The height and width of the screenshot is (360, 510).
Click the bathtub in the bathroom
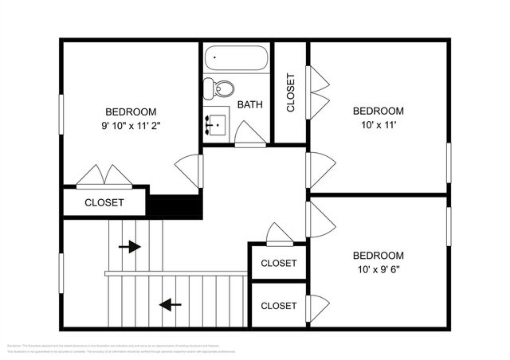(x=236, y=58)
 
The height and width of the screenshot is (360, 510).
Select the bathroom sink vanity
(x=215, y=125)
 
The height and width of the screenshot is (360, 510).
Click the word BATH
(x=250, y=104)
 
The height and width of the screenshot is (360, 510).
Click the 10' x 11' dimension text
(x=379, y=125)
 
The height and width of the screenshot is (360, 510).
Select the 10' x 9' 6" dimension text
(x=379, y=270)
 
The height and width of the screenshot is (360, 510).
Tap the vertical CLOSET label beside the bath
(x=291, y=92)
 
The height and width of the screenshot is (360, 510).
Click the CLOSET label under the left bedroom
(x=104, y=202)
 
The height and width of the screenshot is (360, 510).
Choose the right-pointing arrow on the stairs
(x=129, y=247)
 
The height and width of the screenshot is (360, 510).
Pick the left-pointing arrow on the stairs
(x=170, y=304)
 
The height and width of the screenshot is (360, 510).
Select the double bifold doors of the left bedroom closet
(x=104, y=176)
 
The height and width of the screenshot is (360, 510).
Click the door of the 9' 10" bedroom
(x=190, y=170)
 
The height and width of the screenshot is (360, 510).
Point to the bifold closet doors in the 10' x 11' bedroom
(x=318, y=92)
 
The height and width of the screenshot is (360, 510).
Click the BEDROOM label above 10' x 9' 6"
(x=379, y=256)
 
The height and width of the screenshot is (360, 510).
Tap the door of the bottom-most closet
(x=317, y=306)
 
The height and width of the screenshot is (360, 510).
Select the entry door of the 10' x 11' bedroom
(x=320, y=170)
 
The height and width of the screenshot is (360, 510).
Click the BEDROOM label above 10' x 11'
(x=379, y=111)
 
